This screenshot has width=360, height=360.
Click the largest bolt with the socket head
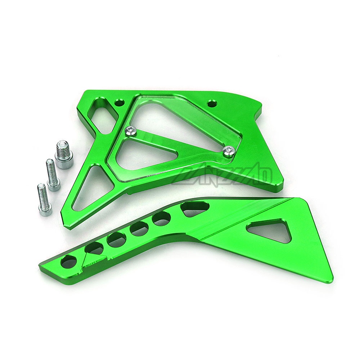tap(64, 156)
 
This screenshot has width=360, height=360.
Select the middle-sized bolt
tap(53, 175)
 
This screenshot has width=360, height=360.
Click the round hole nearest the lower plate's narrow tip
tap(68, 261)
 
